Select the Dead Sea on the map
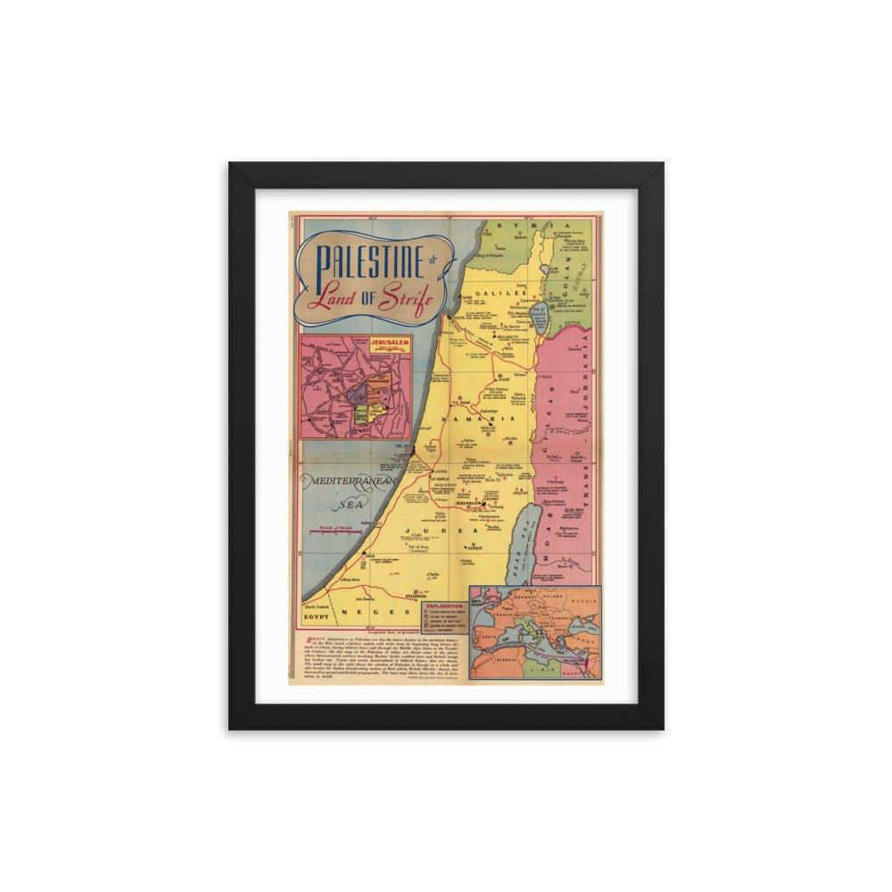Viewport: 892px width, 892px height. coord(527,535)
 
